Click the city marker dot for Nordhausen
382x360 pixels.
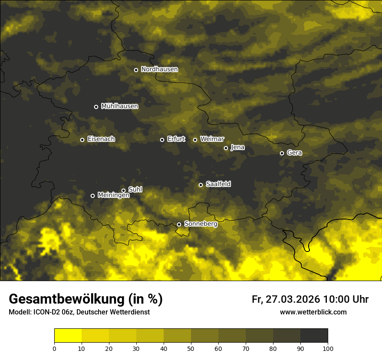click(x=136, y=70)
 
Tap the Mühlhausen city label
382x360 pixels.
click(x=119, y=106)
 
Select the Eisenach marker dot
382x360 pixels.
click(x=82, y=140)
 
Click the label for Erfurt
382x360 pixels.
click(x=176, y=139)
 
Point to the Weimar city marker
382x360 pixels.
click(x=195, y=140)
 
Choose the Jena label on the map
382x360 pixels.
click(x=237, y=147)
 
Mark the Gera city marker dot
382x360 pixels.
click(x=282, y=153)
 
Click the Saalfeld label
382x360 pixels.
click(x=218, y=184)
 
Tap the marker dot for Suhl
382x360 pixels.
click(x=123, y=190)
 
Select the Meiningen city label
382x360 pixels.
click(x=113, y=196)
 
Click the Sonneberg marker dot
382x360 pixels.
click(x=179, y=224)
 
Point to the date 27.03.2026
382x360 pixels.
click(x=293, y=299)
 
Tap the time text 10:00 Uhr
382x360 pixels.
click(x=346, y=299)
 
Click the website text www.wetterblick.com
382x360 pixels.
click(x=313, y=312)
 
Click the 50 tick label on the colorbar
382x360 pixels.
click(x=191, y=348)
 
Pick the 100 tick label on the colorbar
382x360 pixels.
click(x=328, y=348)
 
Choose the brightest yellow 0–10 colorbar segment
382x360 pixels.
click(x=68, y=336)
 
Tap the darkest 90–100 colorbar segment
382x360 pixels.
click(x=314, y=336)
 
